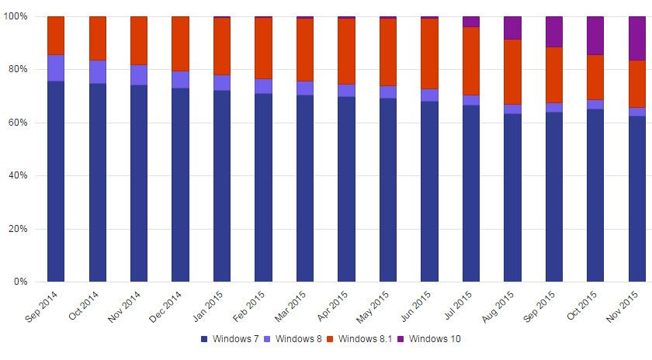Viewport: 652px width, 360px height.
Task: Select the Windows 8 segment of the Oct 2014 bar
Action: point(98,71)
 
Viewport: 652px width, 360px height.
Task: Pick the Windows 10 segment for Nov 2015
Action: point(636,38)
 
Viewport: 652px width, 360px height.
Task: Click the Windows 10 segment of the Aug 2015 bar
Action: point(512,28)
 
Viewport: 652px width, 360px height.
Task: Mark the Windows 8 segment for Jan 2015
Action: point(222,83)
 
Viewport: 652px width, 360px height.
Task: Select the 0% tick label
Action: point(21,282)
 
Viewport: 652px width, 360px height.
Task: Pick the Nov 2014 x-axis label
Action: point(127,306)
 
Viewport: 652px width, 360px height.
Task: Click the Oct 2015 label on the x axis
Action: point(584,306)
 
